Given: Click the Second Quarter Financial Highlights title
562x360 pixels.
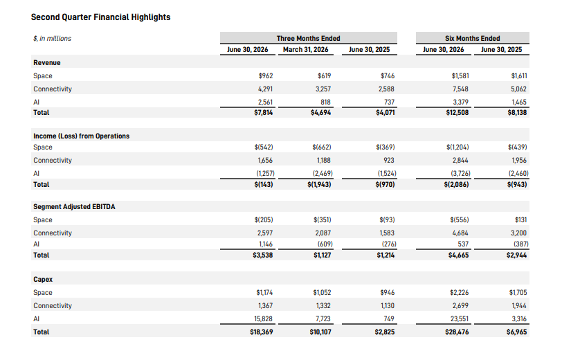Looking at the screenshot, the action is [101, 17].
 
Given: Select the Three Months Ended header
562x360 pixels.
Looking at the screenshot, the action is [308, 38].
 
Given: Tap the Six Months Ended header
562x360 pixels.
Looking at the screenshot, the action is [473, 38].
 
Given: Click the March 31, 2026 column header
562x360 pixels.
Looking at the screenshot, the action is [306, 49].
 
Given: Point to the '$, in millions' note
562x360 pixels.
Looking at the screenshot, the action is [53, 38].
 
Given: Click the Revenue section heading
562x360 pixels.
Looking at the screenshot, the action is [47, 63].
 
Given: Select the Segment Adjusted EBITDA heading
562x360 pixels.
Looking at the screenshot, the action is [74, 207].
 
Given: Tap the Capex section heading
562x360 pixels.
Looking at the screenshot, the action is [43, 279].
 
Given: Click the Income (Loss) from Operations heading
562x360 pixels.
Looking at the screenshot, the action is [82, 136].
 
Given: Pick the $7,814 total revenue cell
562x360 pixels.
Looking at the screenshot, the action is [264, 113].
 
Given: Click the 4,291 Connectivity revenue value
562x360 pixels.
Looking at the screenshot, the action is [265, 89].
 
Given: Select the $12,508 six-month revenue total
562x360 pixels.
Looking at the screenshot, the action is [457, 113].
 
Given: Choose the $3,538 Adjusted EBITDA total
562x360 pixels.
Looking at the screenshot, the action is [263, 255].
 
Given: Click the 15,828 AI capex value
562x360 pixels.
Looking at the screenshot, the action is [264, 318].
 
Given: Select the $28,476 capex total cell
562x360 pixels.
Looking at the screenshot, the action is [457, 332].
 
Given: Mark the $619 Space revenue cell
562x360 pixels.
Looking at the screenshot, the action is [325, 76].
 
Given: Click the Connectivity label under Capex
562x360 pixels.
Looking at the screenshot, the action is [53, 306].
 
